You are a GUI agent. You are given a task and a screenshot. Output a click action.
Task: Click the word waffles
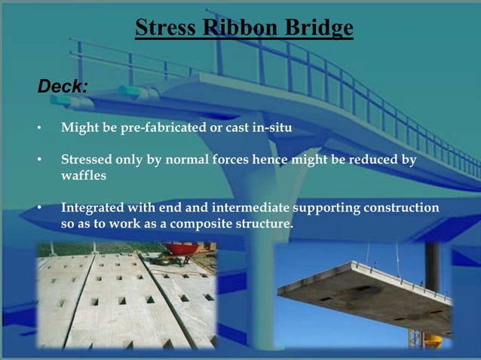tap(84, 175)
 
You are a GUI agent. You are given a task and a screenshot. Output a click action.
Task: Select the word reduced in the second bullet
tap(369, 160)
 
